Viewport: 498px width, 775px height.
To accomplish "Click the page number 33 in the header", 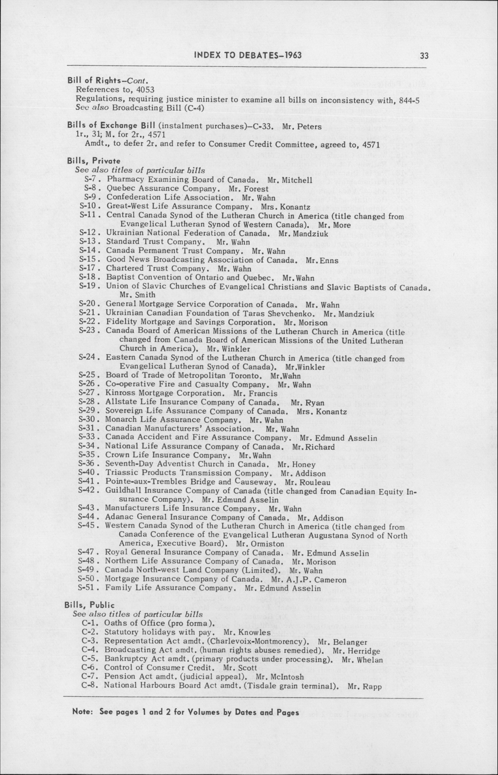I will [x=424, y=56].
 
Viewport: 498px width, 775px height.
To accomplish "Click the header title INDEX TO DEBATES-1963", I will [x=248, y=55].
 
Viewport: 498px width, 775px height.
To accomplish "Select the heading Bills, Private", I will [x=94, y=161].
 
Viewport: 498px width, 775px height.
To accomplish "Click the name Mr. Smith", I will [x=138, y=295].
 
